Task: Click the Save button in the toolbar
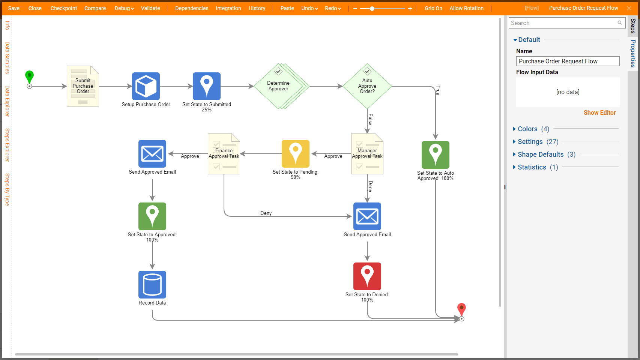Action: (14, 8)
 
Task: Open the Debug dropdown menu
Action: (124, 8)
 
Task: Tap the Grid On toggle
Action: (433, 8)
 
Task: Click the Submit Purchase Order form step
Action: (83, 86)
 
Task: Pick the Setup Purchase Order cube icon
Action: (146, 86)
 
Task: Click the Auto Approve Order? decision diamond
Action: (367, 86)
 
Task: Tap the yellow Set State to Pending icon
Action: (296, 154)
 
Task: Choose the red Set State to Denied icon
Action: (367, 276)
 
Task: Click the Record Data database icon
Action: (152, 285)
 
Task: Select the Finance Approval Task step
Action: (224, 154)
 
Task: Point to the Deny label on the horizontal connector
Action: (266, 213)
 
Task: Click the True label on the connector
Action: (438, 90)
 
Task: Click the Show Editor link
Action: (600, 112)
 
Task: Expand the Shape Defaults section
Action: (541, 154)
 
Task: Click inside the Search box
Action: (563, 23)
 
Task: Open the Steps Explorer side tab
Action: (7, 145)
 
